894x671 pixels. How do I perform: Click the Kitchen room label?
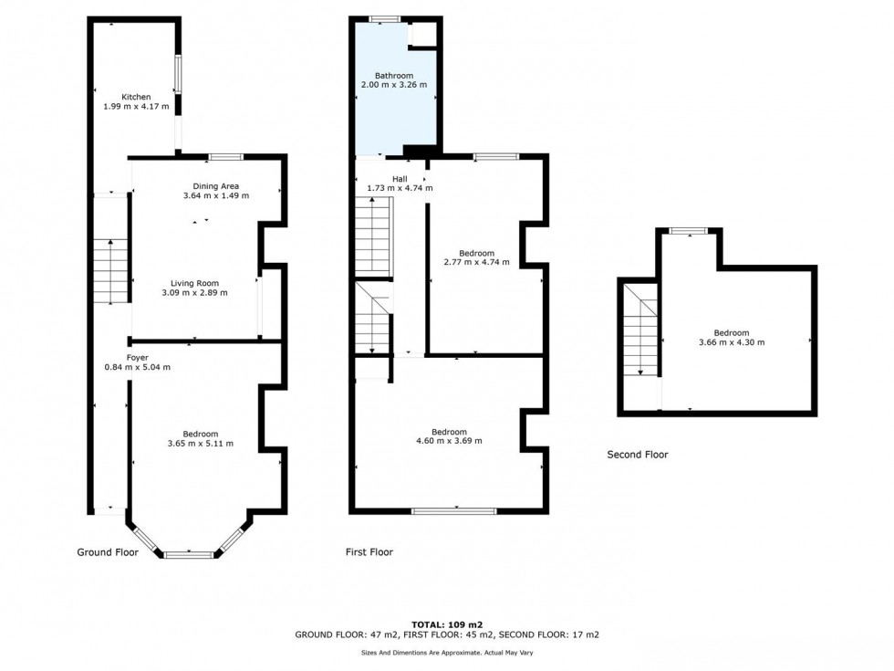[x=136, y=97]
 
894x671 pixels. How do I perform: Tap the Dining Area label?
[x=216, y=186]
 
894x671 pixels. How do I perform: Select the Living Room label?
[x=194, y=283]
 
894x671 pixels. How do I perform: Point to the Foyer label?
[x=137, y=357]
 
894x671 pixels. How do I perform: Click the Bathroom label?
[x=394, y=76]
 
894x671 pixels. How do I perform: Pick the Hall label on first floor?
[x=400, y=179]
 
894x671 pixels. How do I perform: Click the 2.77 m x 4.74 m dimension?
[x=476, y=263]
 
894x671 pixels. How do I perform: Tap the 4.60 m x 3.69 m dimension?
[x=449, y=441]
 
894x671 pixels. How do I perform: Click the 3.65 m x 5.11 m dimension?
[x=200, y=444]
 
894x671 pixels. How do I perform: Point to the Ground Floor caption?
[x=107, y=552]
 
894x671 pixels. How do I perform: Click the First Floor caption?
[x=369, y=552]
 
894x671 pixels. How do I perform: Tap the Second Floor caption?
[x=638, y=455]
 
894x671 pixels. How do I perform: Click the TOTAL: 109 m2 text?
[x=446, y=624]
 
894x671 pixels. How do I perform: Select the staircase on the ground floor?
[x=110, y=271]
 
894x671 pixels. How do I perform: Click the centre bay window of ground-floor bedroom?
[x=189, y=553]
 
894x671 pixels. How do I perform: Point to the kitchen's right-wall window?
[x=178, y=74]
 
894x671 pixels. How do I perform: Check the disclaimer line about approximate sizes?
[x=446, y=652]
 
